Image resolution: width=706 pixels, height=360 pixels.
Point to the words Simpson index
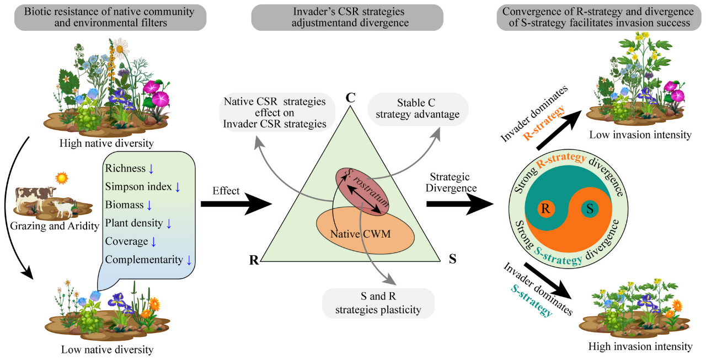pyautogui.click(x=138, y=187)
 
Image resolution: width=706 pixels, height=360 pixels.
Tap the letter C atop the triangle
pyautogui.click(x=350, y=98)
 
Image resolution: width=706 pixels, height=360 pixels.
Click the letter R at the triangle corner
pyautogui.click(x=254, y=260)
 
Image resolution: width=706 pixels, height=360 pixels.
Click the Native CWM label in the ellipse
pyautogui.click(x=361, y=234)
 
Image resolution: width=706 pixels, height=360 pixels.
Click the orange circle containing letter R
pyautogui.click(x=546, y=209)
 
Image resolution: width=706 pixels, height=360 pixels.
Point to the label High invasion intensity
pyautogui.click(x=640, y=347)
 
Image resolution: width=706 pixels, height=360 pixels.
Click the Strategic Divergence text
pyautogui.click(x=450, y=183)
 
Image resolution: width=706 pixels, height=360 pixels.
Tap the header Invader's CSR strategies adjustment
pyautogui.click(x=347, y=17)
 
